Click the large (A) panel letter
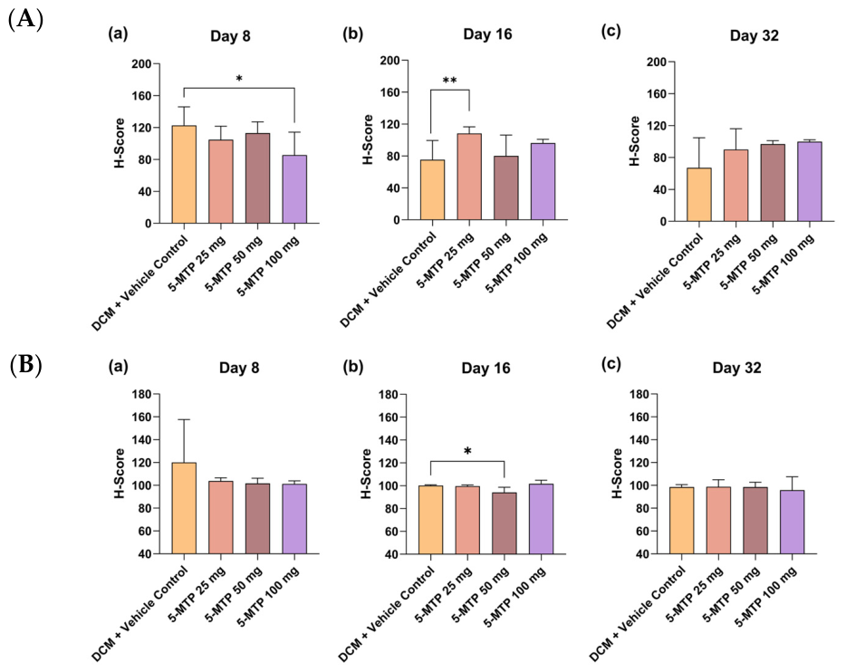tap(26, 20)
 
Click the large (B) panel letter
tap(26, 364)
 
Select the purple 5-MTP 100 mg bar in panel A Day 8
tap(294, 189)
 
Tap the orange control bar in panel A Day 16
tap(432, 190)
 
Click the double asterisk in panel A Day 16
tap(449, 81)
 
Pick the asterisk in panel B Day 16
tap(467, 451)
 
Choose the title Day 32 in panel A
tap(754, 35)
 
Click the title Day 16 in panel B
tap(485, 369)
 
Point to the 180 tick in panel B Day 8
tap(141, 394)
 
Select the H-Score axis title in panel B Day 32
tap(617, 473)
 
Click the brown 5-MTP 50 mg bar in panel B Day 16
tap(505, 523)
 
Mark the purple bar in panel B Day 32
tap(792, 522)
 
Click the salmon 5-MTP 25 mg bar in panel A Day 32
tap(735, 186)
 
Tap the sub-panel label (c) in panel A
tap(610, 33)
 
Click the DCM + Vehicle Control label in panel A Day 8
tap(139, 283)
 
